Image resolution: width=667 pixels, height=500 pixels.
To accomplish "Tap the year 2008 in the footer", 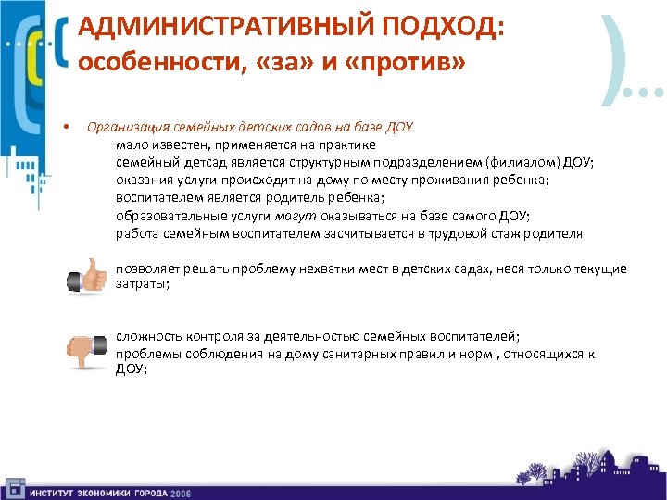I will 181,492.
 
